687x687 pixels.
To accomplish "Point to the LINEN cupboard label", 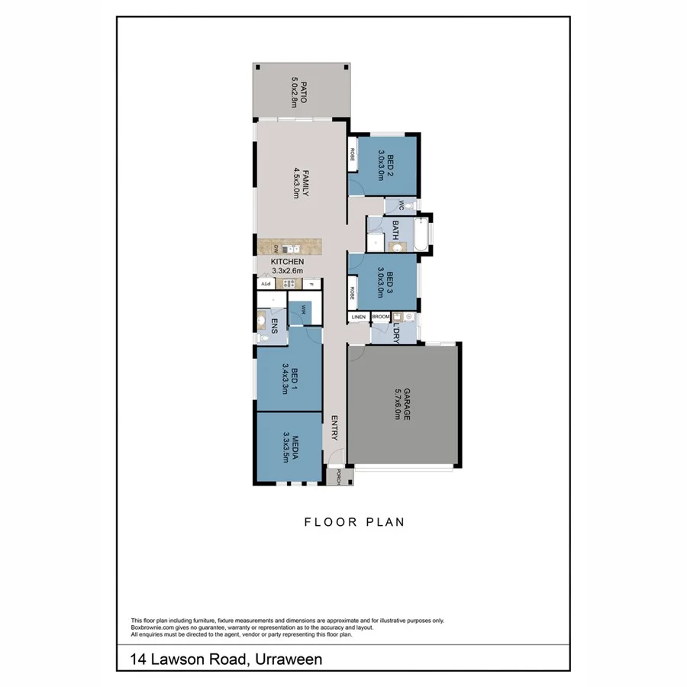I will pos(359,317).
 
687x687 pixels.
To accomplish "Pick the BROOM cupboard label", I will pos(381,317).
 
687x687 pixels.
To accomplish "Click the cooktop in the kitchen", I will pos(289,284).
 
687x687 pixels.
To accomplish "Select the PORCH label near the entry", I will pos(334,478).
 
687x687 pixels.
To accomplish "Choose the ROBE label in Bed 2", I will pos(353,153).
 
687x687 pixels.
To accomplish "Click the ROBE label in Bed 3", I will pos(353,292).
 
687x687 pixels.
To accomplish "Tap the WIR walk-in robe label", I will pos(303,309).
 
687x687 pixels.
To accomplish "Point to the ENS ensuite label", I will pos(273,329).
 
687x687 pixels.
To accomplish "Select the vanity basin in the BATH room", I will pos(393,247).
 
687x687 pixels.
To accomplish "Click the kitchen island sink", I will pos(289,248).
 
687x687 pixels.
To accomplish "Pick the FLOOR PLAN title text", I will pos(353,523).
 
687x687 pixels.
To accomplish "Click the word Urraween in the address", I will pos(285,658).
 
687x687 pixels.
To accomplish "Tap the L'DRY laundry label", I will pos(395,334).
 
